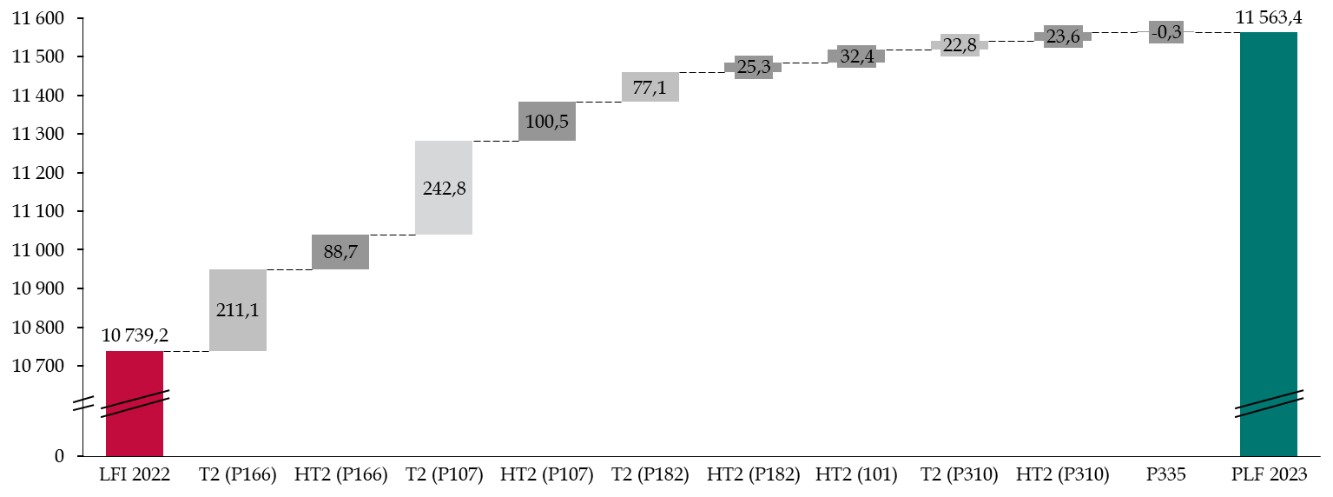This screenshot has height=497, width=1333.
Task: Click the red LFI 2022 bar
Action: click(x=135, y=403)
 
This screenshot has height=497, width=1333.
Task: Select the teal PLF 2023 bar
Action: click(x=1269, y=244)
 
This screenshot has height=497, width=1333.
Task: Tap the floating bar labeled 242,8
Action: click(x=444, y=188)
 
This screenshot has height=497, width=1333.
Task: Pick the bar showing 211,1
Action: click(x=238, y=310)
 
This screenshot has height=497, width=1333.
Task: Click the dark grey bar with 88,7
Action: click(x=340, y=252)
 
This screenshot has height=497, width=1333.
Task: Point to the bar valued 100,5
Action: click(x=547, y=122)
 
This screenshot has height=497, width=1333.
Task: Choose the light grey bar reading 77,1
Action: click(x=650, y=87)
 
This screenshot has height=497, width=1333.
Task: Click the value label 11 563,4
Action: click(x=1269, y=18)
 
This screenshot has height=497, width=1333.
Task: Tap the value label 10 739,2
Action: click(x=135, y=335)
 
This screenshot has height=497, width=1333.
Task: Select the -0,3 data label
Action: click(x=1166, y=32)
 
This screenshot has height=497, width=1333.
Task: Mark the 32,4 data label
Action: click(x=857, y=56)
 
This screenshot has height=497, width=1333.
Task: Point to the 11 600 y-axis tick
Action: click(x=38, y=18)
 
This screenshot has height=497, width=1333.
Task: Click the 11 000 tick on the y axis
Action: click(x=38, y=250)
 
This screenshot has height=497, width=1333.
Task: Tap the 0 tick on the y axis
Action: click(x=59, y=456)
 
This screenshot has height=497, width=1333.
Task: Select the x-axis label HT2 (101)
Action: click(x=856, y=474)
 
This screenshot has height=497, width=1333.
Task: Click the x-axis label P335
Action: click(x=1166, y=474)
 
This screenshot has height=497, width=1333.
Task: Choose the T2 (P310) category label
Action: click(x=960, y=474)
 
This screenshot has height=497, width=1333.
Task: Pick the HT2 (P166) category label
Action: click(x=341, y=474)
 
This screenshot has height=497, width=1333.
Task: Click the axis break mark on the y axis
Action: click(x=84, y=403)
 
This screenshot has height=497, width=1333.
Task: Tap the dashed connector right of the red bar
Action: click(x=186, y=352)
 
